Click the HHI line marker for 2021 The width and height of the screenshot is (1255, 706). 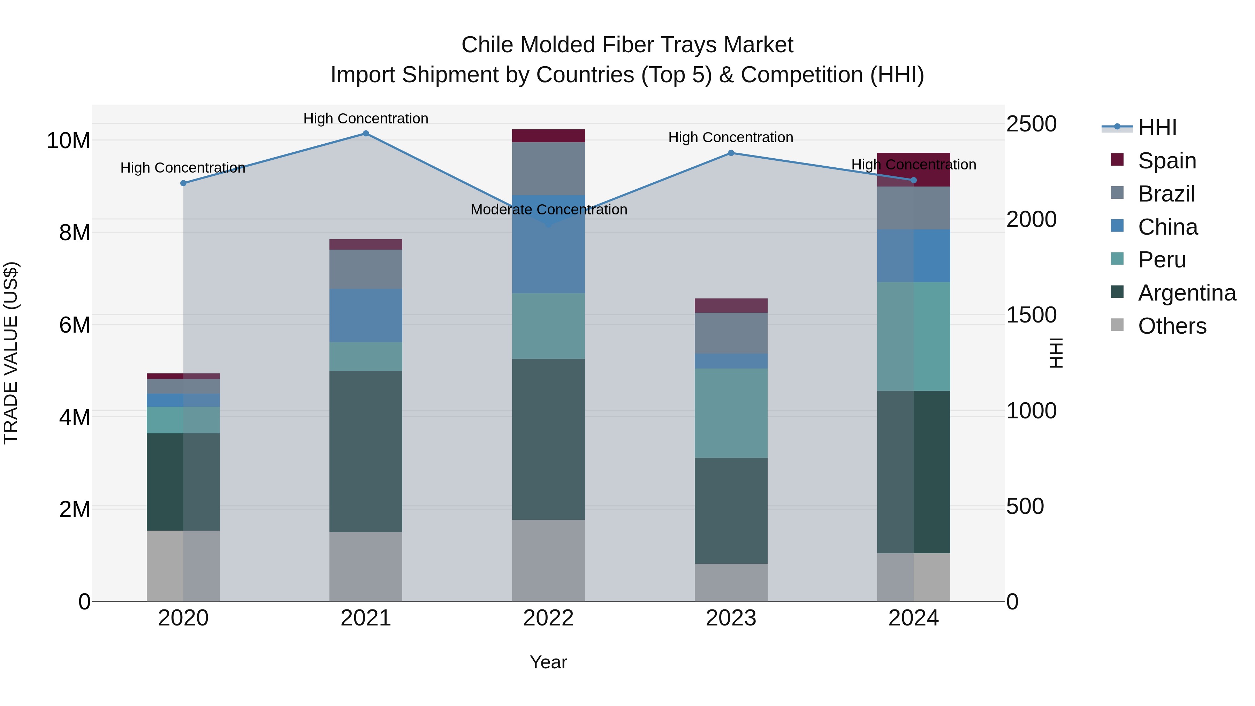pyautogui.click(x=366, y=134)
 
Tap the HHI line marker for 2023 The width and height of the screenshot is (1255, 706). pyautogui.click(x=731, y=153)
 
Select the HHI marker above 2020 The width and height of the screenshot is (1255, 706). pyautogui.click(x=183, y=183)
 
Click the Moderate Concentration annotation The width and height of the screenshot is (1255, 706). pyautogui.click(x=549, y=210)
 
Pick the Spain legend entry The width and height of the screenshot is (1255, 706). pyautogui.click(x=1167, y=160)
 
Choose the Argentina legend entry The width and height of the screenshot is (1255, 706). pyautogui.click(x=1186, y=293)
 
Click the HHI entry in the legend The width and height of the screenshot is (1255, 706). pyautogui.click(x=1157, y=128)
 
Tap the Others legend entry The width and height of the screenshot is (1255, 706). pyautogui.click(x=1172, y=326)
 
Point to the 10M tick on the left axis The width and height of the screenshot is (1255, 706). pyautogui.click(x=68, y=141)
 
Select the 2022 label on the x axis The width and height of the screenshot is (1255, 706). pyautogui.click(x=549, y=618)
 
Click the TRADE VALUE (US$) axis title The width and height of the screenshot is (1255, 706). pyautogui.click(x=11, y=353)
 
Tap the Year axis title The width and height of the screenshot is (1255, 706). pyautogui.click(x=549, y=662)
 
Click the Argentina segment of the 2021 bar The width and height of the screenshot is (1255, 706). pyautogui.click(x=366, y=451)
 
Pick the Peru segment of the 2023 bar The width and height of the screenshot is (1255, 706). pyautogui.click(x=731, y=413)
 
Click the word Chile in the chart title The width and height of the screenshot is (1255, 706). pyautogui.click(x=488, y=45)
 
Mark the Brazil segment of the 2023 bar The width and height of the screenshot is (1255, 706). pyautogui.click(x=731, y=333)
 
